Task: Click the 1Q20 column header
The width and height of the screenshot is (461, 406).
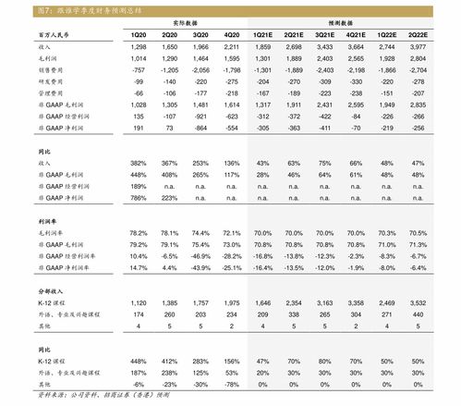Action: coord(139,32)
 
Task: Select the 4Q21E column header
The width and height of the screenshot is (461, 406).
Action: coord(355,32)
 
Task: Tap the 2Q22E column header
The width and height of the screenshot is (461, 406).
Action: coord(418,32)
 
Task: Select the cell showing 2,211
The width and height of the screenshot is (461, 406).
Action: coord(232,44)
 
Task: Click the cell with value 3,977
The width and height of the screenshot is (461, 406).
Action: coord(418,44)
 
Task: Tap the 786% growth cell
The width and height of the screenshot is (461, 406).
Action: coord(139,197)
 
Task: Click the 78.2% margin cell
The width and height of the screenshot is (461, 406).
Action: coord(139,231)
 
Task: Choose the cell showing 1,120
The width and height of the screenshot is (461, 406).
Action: coord(139,302)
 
